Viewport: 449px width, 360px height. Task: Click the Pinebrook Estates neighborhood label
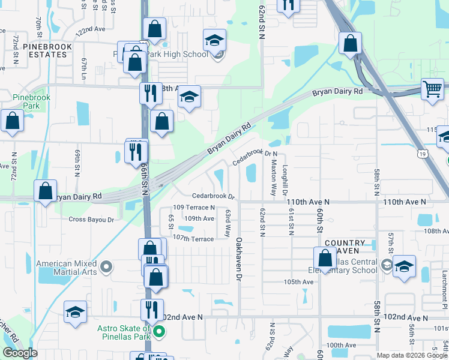(x=47, y=50)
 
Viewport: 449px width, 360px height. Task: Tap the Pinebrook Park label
(x=32, y=101)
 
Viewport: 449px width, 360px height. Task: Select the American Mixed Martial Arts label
(x=67, y=268)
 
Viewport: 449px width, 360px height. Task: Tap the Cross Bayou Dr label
(x=91, y=220)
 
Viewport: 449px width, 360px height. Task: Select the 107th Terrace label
(x=194, y=239)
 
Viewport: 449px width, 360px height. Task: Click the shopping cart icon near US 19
(x=432, y=89)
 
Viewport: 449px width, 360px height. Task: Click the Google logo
(x=19, y=353)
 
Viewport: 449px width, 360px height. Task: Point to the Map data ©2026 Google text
(x=412, y=355)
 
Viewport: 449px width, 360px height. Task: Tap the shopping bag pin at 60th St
(x=325, y=259)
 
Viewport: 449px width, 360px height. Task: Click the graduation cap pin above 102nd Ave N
(x=76, y=312)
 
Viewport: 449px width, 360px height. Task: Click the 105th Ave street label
(x=300, y=281)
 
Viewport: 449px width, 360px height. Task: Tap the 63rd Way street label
(x=228, y=223)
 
